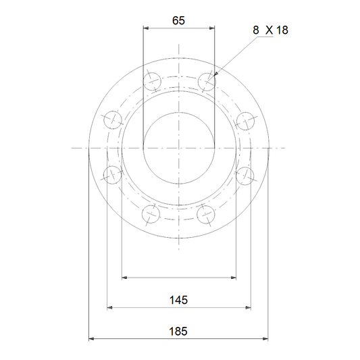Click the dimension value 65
178,21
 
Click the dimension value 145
178,300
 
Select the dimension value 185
178,332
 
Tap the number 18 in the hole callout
282,30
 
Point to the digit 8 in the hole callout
256,30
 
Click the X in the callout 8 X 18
269,30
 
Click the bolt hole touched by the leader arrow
207,82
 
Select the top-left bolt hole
152,82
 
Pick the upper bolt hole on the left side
113,120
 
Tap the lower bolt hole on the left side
113,175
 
